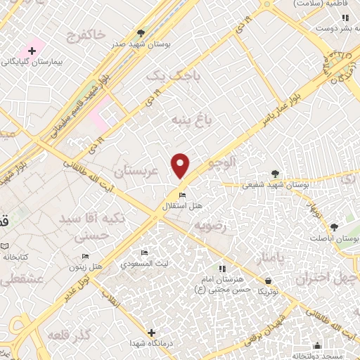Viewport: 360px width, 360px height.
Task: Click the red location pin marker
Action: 181,165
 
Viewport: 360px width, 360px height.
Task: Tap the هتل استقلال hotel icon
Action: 182,195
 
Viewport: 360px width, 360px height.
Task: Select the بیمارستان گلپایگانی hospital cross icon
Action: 32,51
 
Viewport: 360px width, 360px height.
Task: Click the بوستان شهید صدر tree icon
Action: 142,32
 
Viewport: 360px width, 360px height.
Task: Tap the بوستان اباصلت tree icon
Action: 334,227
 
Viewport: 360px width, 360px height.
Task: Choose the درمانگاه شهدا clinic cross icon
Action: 151,332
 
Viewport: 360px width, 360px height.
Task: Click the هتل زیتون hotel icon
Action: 85,257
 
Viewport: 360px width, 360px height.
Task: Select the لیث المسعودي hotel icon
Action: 144,253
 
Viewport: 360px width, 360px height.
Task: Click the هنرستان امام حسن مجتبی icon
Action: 221,269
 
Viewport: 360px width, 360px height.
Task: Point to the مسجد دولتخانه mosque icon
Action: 318,345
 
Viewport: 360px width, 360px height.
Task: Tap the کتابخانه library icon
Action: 5,247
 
